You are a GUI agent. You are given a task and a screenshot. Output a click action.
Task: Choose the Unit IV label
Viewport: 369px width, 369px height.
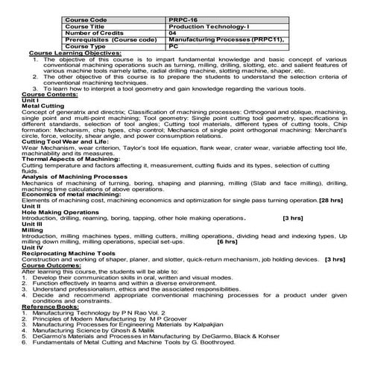(33, 268)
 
